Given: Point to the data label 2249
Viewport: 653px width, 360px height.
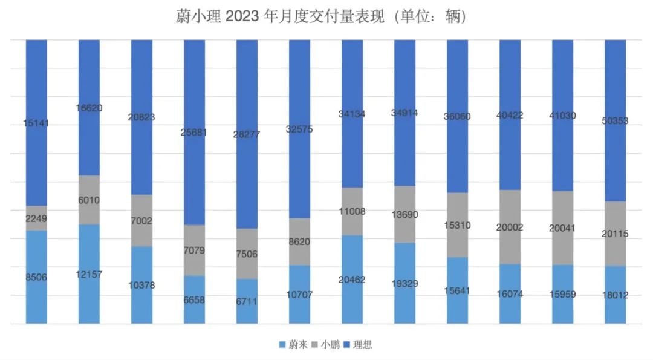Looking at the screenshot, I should pos(36,218).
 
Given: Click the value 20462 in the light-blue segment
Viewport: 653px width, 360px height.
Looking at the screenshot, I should pos(352,280).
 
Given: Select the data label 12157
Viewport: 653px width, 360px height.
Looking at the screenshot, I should pos(89,274).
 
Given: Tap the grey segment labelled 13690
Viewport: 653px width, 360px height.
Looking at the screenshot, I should pos(404,215).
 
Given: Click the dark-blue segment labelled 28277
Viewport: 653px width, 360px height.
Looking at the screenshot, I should pos(247,134).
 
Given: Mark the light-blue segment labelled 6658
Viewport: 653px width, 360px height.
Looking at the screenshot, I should pos(195,300).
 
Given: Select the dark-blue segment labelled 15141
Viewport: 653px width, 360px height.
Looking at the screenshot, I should pos(36,123).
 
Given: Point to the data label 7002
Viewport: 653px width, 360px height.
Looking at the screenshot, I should pos(142,221).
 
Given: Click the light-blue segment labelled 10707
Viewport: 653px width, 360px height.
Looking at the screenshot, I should pos(300,295).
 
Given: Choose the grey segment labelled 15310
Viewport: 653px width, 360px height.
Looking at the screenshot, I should pos(458,225).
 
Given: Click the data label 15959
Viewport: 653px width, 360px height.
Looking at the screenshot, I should pos(563,295).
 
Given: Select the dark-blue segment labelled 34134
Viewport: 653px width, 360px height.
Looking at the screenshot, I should pos(352,113).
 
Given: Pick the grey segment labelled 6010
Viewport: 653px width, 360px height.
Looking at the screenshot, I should pos(89,200).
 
